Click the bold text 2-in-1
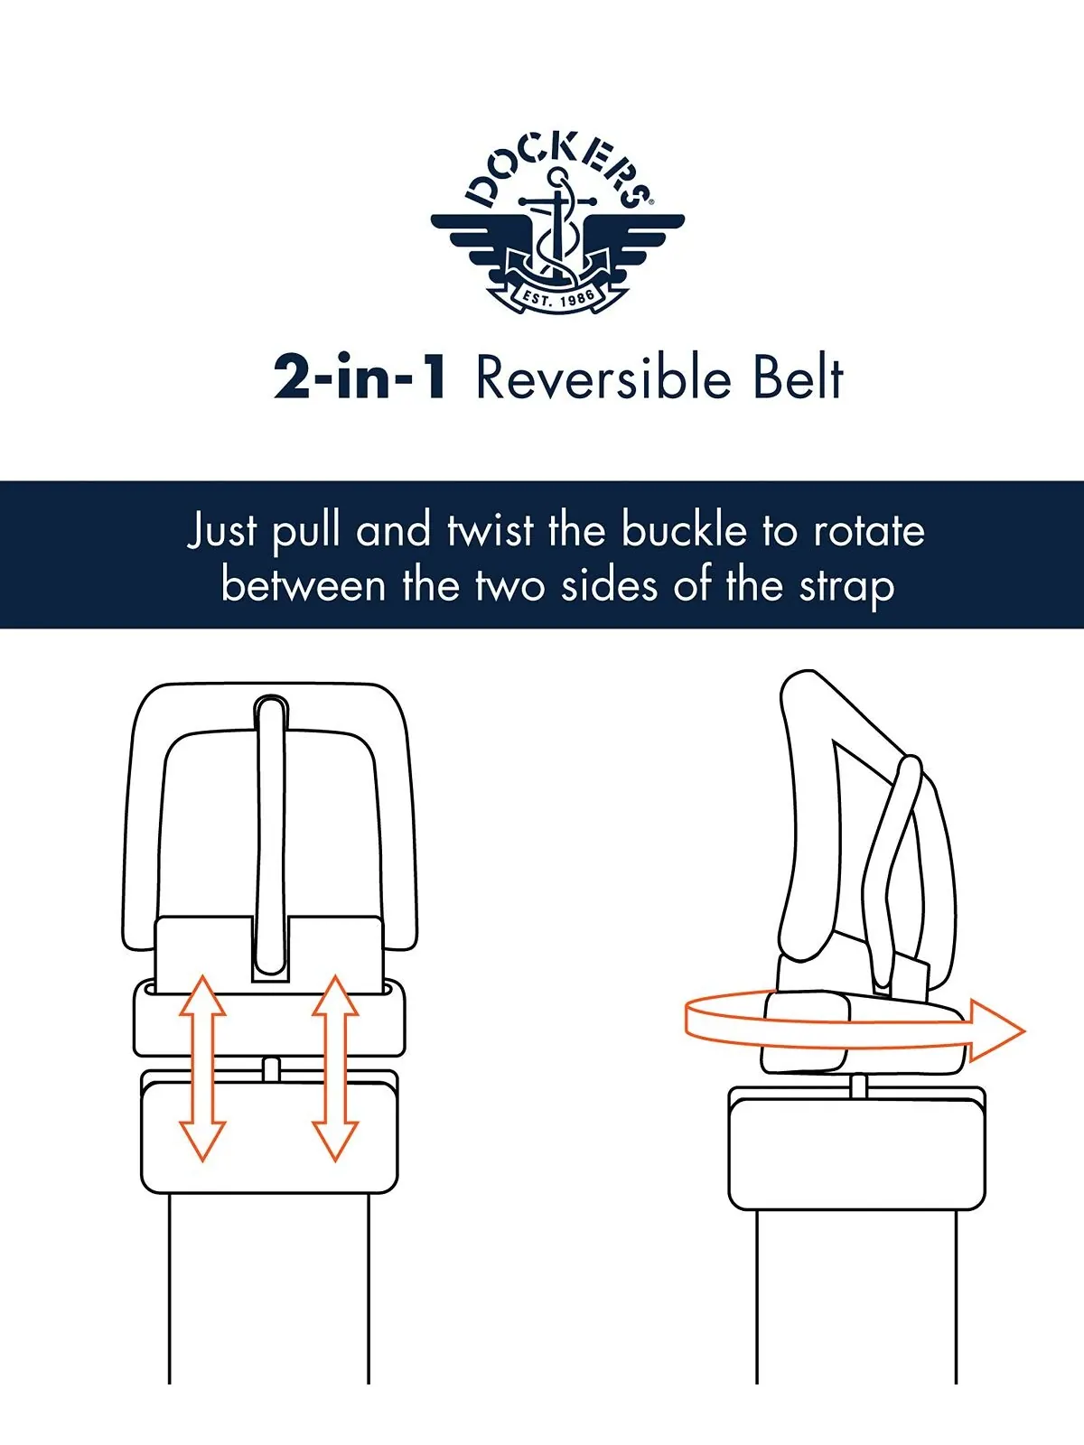point(360,378)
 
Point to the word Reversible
point(603,378)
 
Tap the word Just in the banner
point(222,531)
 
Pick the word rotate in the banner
point(869,531)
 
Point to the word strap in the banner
point(847,586)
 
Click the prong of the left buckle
point(271,836)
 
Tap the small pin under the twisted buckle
point(857,1085)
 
